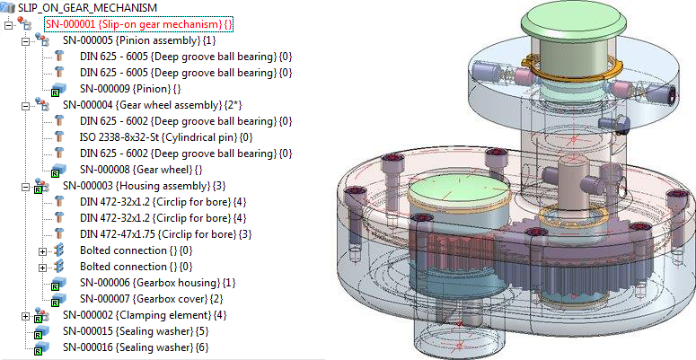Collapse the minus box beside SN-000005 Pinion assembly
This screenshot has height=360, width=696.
25,40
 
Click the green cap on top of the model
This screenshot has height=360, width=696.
547,36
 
